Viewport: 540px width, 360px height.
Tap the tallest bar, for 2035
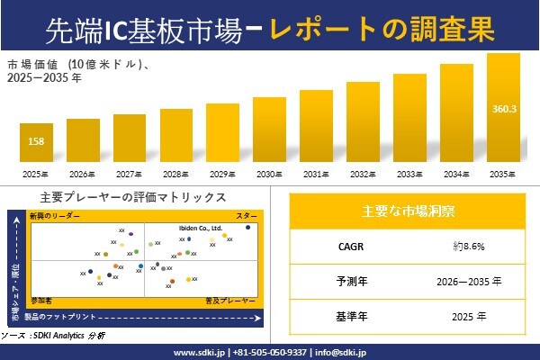coord(503,107)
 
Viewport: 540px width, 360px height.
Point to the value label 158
coord(37,141)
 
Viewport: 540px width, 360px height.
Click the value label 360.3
coord(503,109)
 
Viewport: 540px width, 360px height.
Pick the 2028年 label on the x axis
coord(175,174)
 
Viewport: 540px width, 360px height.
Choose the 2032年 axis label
coord(363,174)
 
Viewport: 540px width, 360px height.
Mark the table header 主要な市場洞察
coord(408,212)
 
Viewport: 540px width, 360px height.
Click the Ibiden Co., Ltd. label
coord(199,229)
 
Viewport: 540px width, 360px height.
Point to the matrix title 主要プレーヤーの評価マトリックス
coord(133,196)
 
